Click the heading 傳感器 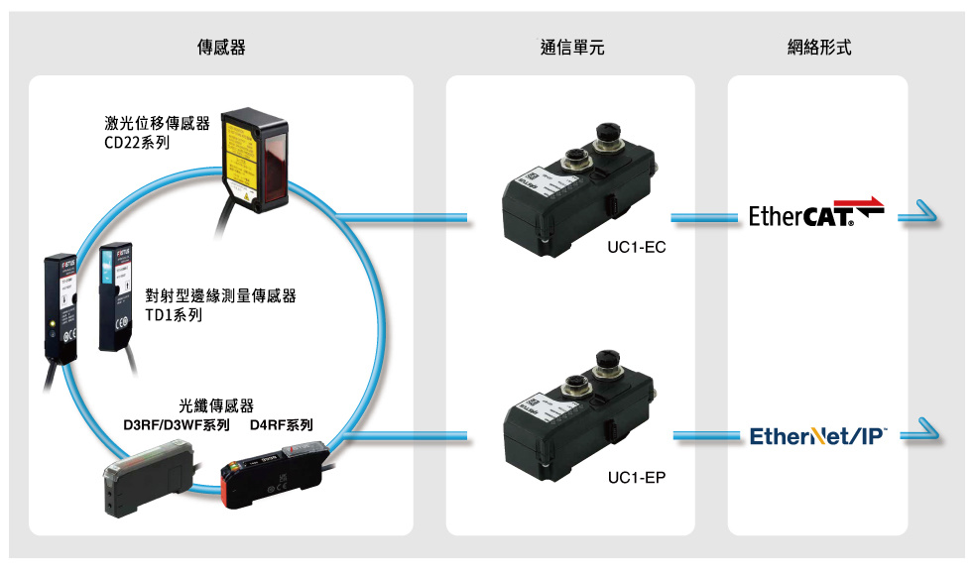coord(221,48)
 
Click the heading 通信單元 coord(572,48)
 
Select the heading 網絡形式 coord(817,48)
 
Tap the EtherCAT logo coord(815,212)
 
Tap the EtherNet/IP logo coord(818,435)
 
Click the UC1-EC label coord(636,247)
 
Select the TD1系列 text coord(174,315)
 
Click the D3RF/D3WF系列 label coord(176,426)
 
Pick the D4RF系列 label coord(282,426)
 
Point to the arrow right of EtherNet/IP coord(919,433)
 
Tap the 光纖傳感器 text coord(216,406)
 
